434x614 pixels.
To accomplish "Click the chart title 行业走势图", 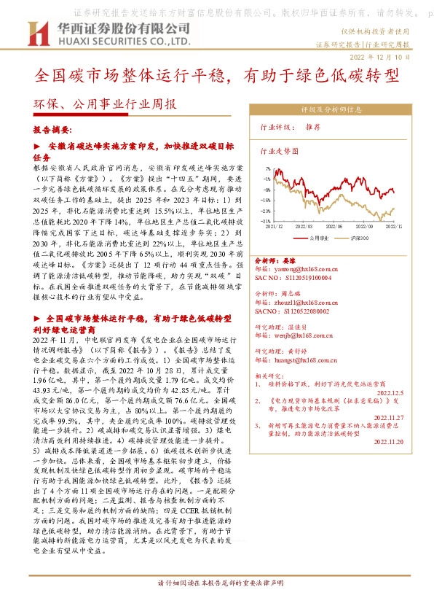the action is [279, 151].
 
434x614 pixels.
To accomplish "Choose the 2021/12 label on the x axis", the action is [275, 227].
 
